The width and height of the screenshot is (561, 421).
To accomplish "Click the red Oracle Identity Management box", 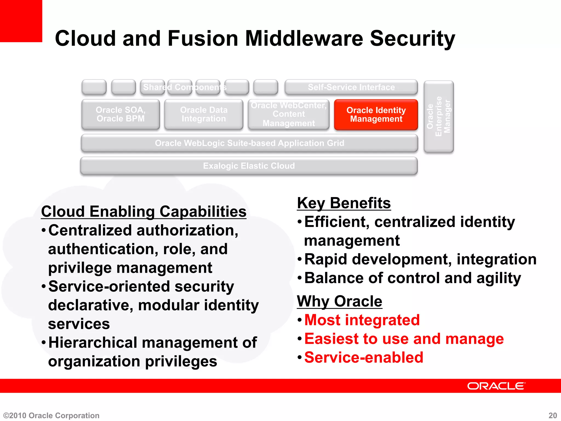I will pos(376,115).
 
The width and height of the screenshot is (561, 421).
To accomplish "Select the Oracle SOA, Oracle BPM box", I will pos(121,114).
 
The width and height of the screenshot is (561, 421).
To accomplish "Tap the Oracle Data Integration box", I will pos(204,114).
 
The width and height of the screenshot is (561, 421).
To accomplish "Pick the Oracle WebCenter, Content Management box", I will pos(288,114).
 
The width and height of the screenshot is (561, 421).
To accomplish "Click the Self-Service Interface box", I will pos(351,87).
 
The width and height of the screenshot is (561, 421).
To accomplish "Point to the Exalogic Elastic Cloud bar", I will pos(249,166).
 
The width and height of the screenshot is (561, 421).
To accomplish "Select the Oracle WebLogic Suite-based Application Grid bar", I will pos(249,143).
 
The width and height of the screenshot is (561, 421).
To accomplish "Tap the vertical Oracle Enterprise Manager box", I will pos(439,116).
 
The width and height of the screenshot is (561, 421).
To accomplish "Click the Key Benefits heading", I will pos(344,203).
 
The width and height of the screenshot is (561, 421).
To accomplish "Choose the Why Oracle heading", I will pos(339,301).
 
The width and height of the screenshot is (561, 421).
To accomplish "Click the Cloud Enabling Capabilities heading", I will pos(144,212).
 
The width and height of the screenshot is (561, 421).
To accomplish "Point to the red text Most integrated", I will pos(362,320).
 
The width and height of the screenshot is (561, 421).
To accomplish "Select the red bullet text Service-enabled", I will pos(364,357).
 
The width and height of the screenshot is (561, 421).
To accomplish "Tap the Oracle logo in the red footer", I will pos(496,386).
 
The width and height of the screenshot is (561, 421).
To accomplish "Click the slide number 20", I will pos(553,416).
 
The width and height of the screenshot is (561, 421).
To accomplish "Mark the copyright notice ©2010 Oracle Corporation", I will pos(51,416).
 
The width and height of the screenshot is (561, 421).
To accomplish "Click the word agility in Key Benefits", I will pos(499,278).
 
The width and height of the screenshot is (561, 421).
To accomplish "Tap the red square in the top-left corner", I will pos(21,21).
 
